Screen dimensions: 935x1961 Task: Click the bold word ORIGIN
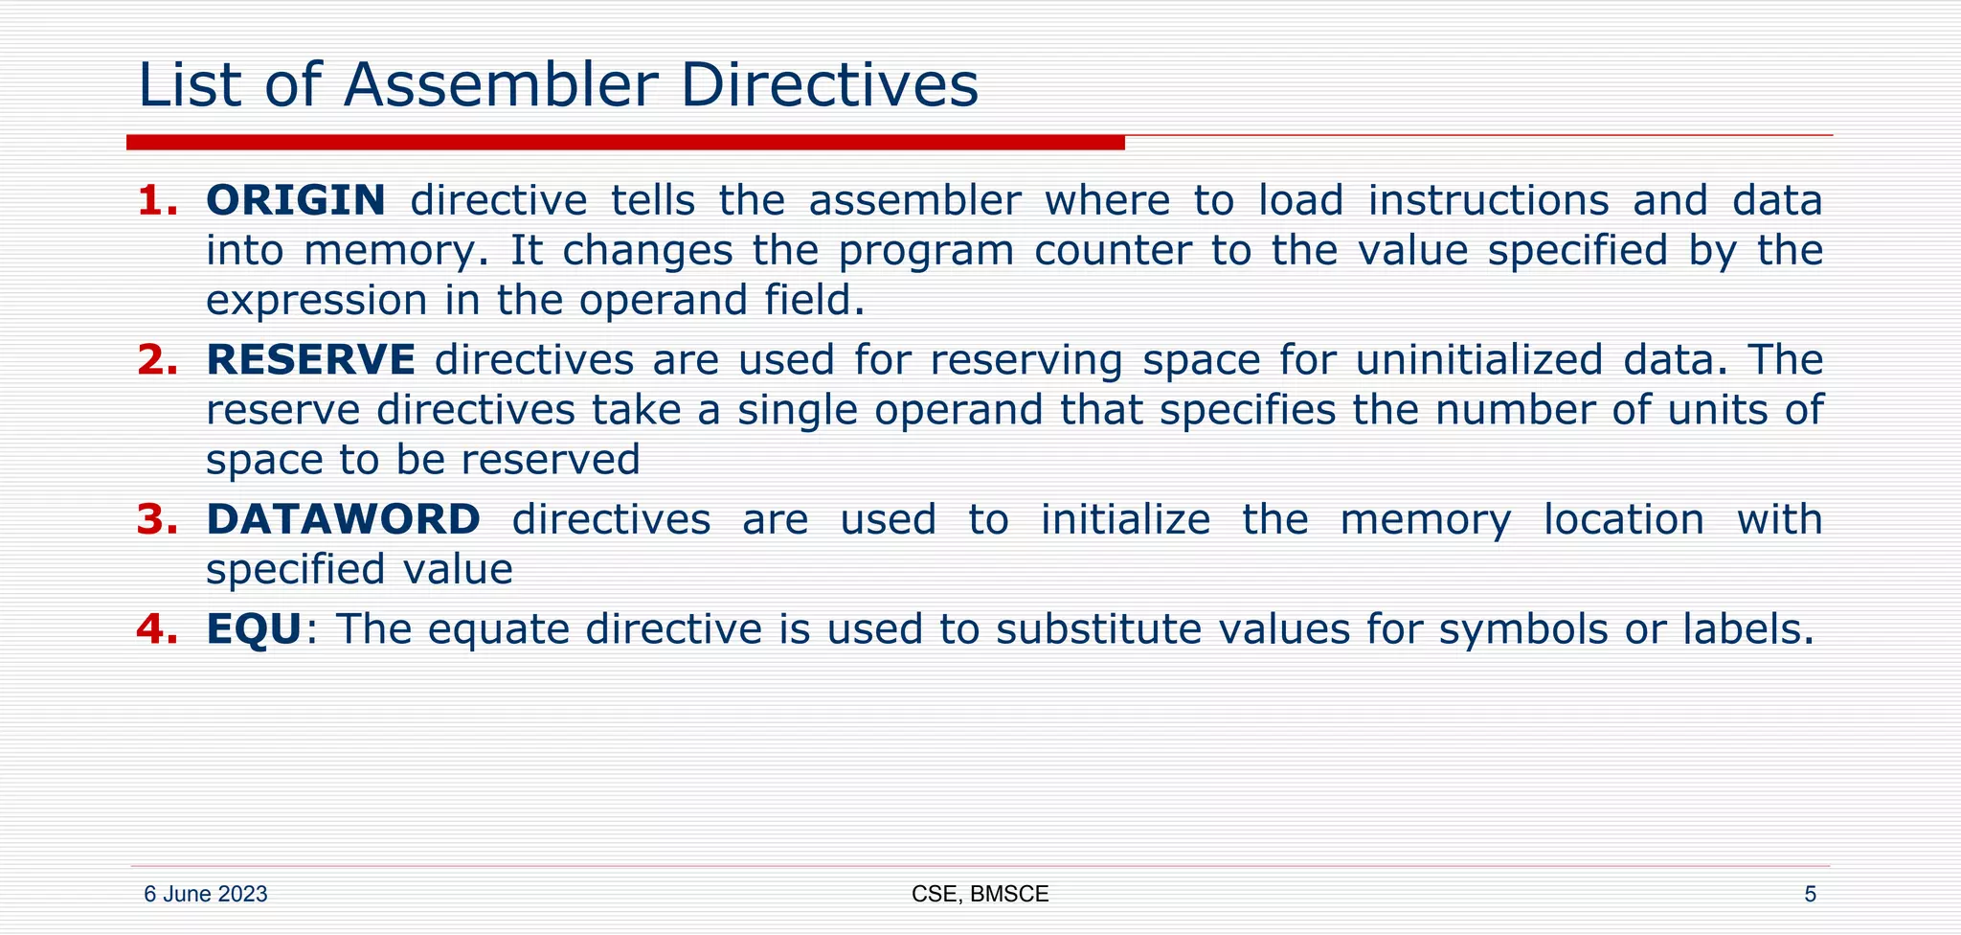(296, 200)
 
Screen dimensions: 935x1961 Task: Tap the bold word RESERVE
(311, 360)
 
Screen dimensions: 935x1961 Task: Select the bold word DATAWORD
(343, 519)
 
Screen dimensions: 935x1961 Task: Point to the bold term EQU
(255, 629)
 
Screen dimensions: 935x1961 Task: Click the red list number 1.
(157, 200)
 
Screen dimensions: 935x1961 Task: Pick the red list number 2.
(157, 360)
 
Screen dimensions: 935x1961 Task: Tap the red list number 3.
(157, 519)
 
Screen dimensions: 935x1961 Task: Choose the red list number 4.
(157, 629)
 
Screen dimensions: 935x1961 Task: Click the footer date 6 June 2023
(206, 895)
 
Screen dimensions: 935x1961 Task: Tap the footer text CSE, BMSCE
(980, 895)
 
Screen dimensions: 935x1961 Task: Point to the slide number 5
(1810, 895)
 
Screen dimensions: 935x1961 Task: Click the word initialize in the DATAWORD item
(1125, 519)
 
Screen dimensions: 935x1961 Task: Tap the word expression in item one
(317, 301)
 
